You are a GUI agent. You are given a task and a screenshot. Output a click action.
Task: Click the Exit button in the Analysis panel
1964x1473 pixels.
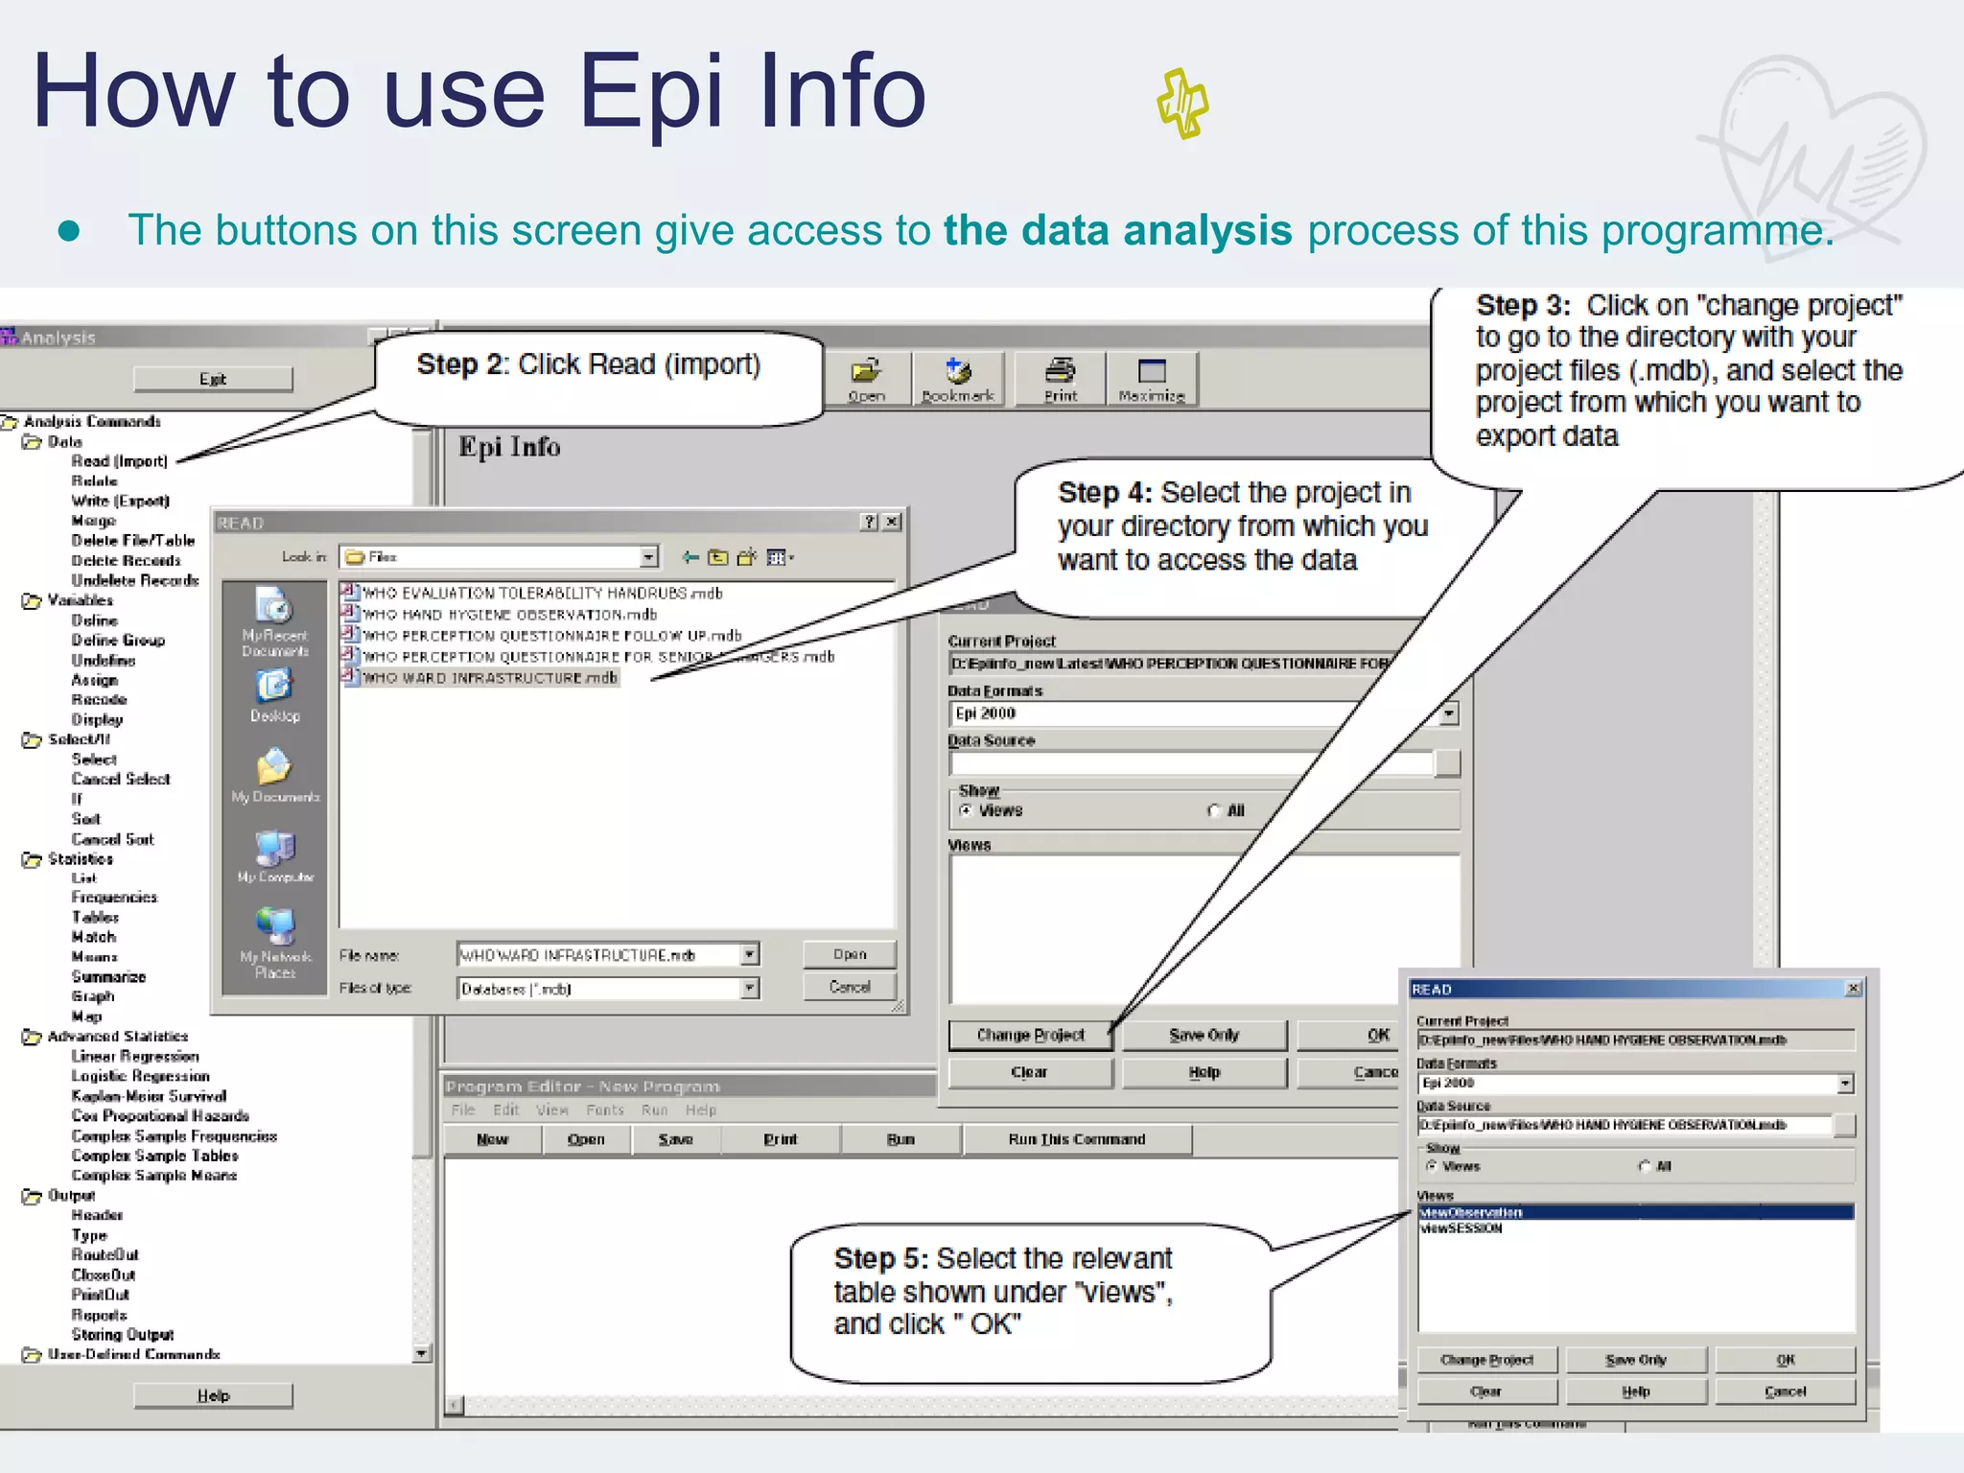213,379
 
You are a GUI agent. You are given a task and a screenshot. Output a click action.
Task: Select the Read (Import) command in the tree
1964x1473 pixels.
119,461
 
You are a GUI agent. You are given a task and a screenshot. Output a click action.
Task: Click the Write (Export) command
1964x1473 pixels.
120,501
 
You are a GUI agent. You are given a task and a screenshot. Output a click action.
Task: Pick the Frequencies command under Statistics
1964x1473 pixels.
114,898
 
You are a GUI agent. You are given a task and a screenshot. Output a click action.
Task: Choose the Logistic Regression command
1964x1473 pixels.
140,1076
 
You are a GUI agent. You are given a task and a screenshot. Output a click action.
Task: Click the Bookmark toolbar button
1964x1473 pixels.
958,379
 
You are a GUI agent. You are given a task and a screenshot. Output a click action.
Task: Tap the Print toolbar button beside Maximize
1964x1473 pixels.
1060,379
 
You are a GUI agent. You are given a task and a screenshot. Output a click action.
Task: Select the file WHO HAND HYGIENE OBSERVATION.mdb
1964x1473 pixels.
509,615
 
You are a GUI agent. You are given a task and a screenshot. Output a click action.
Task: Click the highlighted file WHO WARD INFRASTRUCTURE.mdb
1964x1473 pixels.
490,678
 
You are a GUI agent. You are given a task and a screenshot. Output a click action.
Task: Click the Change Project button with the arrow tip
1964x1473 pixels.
1030,1035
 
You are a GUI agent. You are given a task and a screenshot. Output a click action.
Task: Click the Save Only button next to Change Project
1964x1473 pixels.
1204,1035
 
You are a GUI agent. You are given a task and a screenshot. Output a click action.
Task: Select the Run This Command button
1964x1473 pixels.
1076,1139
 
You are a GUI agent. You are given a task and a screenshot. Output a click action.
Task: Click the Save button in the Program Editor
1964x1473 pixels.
675,1139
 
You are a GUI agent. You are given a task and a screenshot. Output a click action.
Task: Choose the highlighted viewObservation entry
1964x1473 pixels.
1471,1213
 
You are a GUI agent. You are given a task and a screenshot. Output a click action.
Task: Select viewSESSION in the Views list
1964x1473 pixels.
1461,1228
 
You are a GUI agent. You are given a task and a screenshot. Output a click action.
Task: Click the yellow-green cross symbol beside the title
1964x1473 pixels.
1182,103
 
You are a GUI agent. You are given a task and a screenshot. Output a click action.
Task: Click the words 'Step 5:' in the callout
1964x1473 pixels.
880,1258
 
